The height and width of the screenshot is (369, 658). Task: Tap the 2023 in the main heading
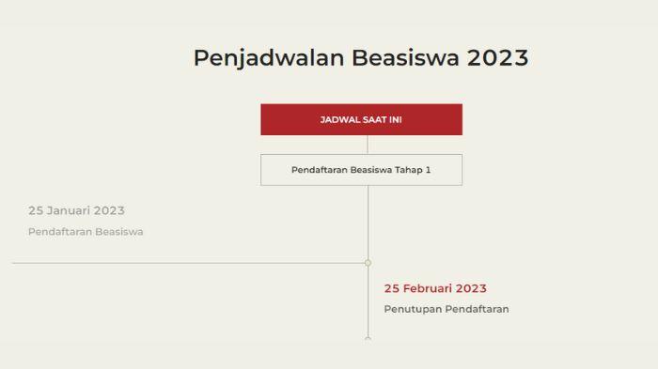(497, 57)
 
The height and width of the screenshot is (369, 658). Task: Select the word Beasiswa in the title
(406, 57)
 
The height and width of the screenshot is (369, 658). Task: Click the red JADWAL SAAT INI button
(361, 119)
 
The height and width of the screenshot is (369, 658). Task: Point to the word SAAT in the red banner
(370, 119)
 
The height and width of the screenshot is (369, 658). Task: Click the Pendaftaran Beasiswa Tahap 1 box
(361, 170)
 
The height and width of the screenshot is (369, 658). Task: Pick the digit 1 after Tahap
(428, 170)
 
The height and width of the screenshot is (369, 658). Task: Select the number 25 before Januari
(36, 210)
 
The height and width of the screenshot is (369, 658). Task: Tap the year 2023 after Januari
(109, 210)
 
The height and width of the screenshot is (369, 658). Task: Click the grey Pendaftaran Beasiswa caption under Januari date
(86, 231)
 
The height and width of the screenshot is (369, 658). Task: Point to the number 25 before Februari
(392, 288)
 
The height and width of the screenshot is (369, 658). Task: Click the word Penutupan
(413, 309)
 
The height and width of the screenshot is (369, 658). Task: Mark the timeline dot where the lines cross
(368, 263)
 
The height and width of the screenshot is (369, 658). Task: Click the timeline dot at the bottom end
(368, 338)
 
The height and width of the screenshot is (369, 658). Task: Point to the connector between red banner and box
(368, 145)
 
